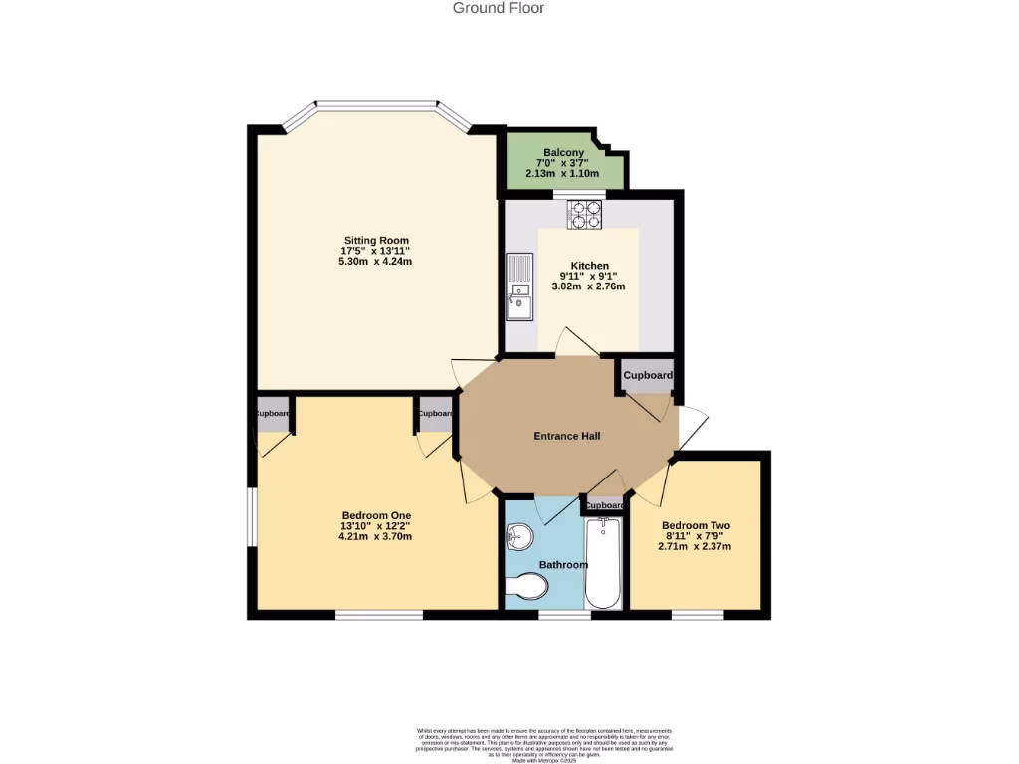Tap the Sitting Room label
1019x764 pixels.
pos(376,241)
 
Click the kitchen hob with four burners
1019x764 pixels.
pos(585,215)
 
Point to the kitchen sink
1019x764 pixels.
pos(518,287)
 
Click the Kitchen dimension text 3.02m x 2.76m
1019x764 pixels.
pos(588,286)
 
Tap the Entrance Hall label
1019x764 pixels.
pos(567,436)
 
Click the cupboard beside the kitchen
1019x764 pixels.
pos(648,376)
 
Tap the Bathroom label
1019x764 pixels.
pos(563,565)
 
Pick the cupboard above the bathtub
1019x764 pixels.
pos(603,505)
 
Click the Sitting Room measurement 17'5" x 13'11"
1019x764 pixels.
pos(376,251)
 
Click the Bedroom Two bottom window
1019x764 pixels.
pos(697,615)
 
